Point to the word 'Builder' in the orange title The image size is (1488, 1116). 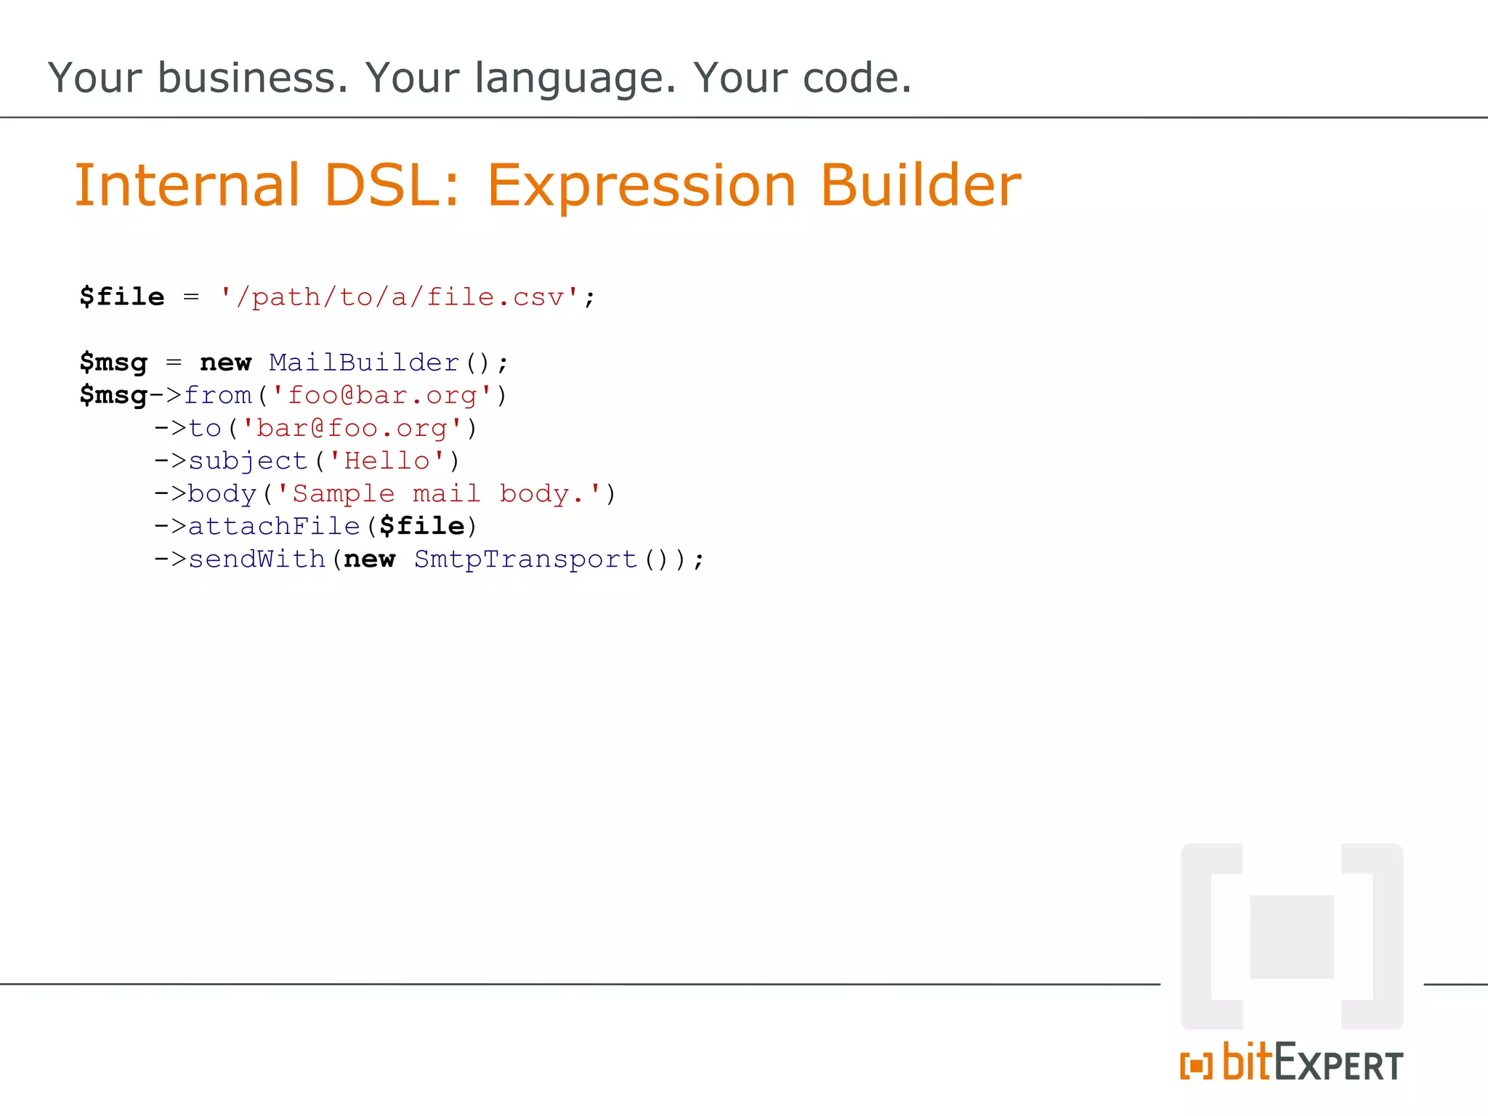(x=921, y=185)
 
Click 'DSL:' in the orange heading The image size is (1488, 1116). (x=392, y=185)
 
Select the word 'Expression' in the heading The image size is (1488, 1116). (x=641, y=187)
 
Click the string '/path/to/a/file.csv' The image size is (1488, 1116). (x=400, y=297)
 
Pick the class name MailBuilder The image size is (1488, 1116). (x=364, y=362)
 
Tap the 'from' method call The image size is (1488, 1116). (x=218, y=395)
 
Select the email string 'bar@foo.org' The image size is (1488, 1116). (x=352, y=428)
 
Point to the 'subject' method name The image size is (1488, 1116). (x=248, y=461)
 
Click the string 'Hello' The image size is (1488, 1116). (x=387, y=461)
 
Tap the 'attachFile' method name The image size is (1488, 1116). (x=274, y=526)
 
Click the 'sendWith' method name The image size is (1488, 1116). (x=256, y=559)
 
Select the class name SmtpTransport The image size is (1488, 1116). (x=525, y=559)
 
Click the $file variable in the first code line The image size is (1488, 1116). (x=122, y=297)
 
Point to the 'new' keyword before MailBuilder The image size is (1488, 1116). (x=226, y=362)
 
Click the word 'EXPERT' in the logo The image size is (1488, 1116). (x=1338, y=1066)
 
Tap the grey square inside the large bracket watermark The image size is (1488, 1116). (x=1291, y=937)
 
